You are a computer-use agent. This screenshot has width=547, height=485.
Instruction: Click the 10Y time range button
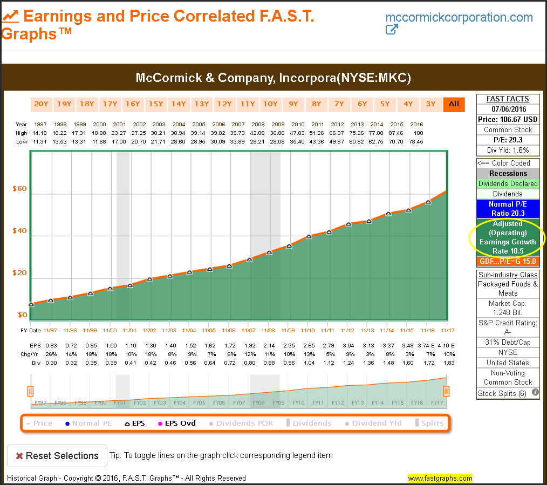click(x=270, y=104)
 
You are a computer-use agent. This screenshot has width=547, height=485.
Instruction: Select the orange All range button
click(x=454, y=104)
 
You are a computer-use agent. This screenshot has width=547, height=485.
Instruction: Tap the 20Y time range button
click(x=42, y=104)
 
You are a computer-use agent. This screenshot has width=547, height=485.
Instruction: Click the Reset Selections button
click(x=57, y=456)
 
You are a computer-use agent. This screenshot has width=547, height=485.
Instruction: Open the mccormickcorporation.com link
click(x=459, y=17)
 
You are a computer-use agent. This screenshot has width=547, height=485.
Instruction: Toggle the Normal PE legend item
click(x=88, y=423)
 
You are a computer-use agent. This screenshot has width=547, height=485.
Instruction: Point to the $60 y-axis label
click(x=19, y=189)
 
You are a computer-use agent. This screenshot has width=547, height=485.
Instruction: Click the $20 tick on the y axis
click(x=19, y=273)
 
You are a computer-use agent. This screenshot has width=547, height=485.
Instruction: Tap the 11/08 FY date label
click(x=268, y=330)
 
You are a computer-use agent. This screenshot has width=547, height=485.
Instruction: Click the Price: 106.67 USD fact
click(x=508, y=119)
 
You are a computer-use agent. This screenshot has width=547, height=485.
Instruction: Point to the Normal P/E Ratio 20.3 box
click(x=508, y=209)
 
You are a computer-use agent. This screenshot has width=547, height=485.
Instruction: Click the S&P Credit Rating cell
click(x=508, y=327)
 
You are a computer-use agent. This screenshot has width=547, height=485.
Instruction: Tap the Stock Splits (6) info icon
click(x=535, y=393)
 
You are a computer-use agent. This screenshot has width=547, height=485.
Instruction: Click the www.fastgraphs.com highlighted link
click(x=440, y=478)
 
